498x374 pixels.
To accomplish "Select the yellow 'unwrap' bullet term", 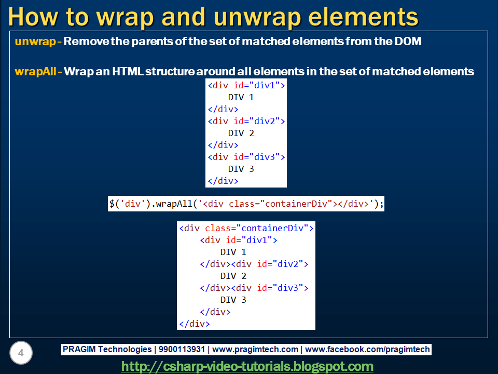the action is pyautogui.click(x=35, y=42).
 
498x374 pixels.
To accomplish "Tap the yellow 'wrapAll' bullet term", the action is pyautogui.click(x=35, y=72).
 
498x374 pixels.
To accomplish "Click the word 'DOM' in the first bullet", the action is pyautogui.click(x=408, y=42).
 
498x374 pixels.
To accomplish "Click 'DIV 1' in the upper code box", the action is pyautogui.click(x=241, y=97).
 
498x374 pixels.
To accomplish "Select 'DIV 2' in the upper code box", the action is pyautogui.click(x=241, y=133).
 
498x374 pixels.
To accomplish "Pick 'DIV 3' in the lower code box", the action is pyautogui.click(x=233, y=300).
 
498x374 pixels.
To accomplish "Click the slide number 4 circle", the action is pyautogui.click(x=21, y=354).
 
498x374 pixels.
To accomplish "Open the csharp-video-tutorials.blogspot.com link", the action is pyautogui.click(x=247, y=367).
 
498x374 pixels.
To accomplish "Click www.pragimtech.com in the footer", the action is pyautogui.click(x=255, y=350).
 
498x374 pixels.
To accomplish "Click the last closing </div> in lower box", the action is pyautogui.click(x=194, y=324).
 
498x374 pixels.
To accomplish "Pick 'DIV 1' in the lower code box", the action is pyautogui.click(x=233, y=252).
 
